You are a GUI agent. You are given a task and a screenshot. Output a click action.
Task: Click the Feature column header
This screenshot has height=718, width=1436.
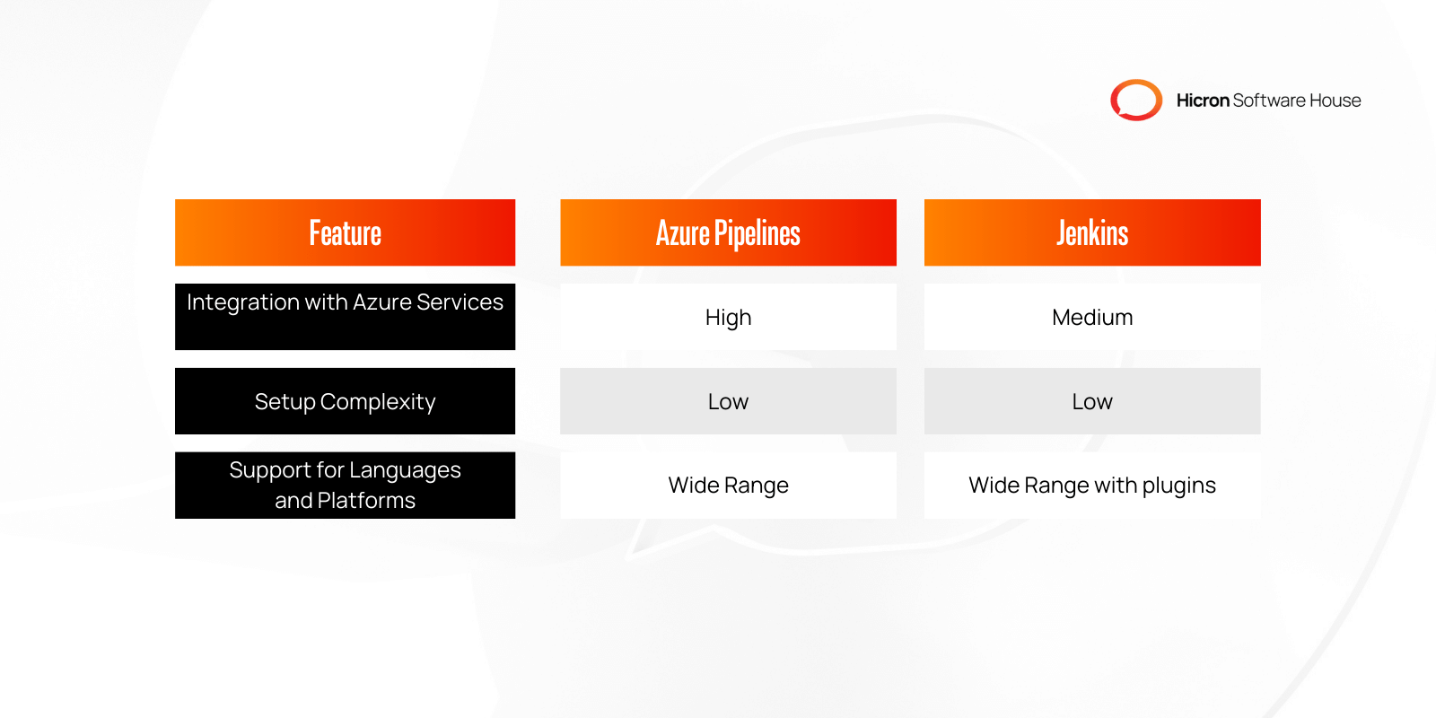point(345,232)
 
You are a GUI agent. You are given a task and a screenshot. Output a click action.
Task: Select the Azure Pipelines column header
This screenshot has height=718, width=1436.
point(728,232)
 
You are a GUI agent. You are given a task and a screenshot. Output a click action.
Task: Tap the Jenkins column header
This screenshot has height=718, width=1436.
point(1092,232)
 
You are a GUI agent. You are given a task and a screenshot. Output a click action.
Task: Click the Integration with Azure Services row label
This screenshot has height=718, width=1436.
point(345,303)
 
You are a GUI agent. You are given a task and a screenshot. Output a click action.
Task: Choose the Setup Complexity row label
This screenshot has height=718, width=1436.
point(345,401)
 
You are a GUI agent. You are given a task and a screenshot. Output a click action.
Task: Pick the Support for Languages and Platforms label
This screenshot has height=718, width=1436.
point(345,485)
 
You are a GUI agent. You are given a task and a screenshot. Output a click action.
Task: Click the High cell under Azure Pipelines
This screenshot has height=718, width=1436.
point(728,317)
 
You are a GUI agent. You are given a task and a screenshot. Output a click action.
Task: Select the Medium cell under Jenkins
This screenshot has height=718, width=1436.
point(1092,317)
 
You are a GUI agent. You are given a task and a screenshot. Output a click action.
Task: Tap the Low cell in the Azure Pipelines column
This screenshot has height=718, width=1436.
point(728,401)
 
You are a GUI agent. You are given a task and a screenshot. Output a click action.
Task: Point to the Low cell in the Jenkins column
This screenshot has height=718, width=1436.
point(1092,401)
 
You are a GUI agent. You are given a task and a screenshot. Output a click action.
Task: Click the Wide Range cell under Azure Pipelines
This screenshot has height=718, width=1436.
point(728,485)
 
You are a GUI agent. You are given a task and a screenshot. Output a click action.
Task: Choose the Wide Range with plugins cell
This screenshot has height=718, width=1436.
point(1092,485)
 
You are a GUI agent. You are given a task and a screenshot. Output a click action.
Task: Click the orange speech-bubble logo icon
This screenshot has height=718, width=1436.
point(1136,100)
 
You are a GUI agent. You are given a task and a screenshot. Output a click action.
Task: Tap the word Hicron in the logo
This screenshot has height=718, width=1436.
point(1203,101)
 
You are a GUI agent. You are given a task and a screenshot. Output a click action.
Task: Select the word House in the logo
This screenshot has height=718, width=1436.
point(1335,101)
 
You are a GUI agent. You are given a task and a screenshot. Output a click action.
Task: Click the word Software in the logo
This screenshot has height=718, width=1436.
point(1269,101)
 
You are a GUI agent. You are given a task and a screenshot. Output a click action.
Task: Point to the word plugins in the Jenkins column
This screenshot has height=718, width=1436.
point(1178,486)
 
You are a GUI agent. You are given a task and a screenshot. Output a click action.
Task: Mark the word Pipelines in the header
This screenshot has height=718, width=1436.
point(757,233)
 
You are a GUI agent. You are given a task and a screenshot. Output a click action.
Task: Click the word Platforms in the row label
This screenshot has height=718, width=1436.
point(366,500)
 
